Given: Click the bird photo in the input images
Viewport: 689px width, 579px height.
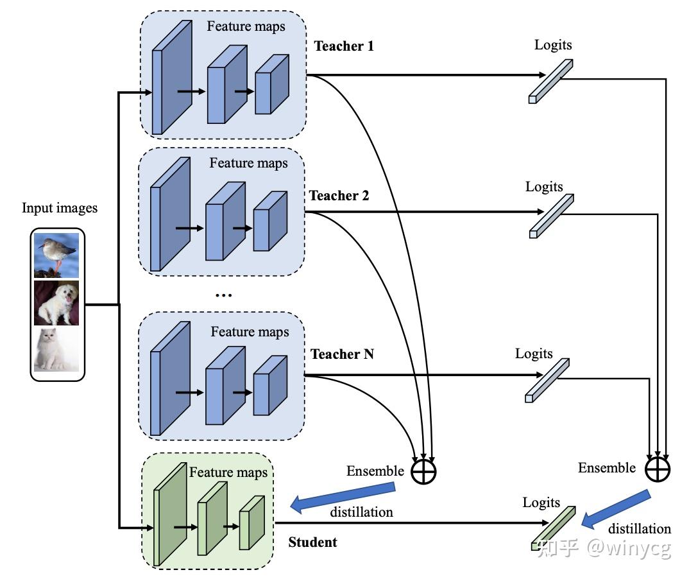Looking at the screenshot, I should tap(56, 254).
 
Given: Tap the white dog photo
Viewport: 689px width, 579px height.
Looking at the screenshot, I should tap(56, 302).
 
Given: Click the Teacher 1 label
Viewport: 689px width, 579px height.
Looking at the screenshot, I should tap(344, 46).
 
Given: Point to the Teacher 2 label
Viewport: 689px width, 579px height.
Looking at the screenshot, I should tap(339, 196).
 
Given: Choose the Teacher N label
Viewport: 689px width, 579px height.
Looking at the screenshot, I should tap(342, 354).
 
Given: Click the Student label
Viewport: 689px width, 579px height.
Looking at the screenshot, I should tap(312, 542).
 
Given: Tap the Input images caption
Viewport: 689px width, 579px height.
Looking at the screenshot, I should tap(60, 208).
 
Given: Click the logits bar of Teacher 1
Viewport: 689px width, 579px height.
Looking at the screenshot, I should tap(550, 82).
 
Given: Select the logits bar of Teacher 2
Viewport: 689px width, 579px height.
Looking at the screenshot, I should tap(551, 216).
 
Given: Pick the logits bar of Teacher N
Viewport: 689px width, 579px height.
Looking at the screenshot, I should tap(547, 380).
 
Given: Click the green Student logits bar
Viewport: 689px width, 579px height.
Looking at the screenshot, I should tap(553, 528).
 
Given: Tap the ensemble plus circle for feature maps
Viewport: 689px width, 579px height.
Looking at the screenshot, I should tap(423, 471).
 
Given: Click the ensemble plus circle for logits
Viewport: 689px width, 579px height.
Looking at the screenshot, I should tap(658, 469).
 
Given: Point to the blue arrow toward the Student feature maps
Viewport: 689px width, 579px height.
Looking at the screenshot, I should tap(343, 497).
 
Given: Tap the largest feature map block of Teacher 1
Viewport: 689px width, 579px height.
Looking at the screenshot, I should tap(172, 77).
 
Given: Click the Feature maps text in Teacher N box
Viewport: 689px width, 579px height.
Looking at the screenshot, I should tap(250, 332).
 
